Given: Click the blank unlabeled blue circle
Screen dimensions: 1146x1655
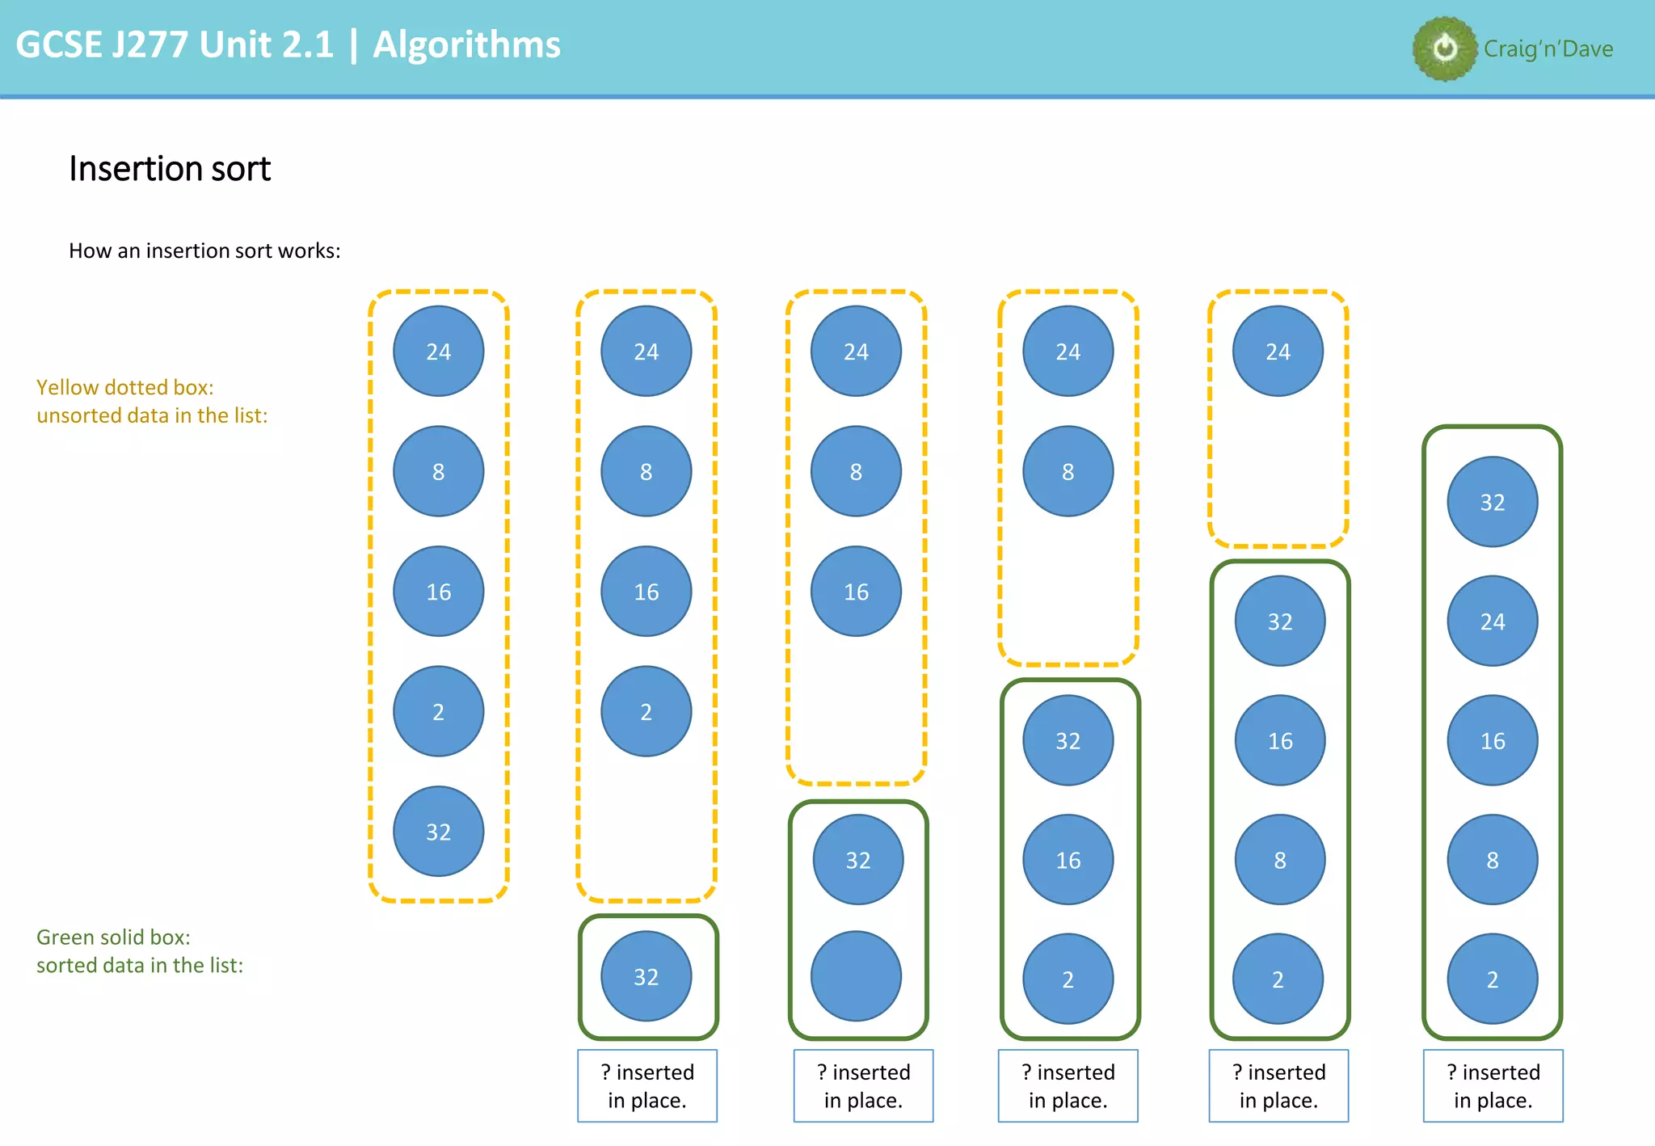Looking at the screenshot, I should point(856,976).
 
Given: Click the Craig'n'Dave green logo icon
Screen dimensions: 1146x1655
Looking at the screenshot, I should point(1445,48).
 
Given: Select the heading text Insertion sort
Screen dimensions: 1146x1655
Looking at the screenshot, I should point(170,169).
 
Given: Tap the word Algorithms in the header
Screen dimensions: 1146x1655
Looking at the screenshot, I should point(466,44).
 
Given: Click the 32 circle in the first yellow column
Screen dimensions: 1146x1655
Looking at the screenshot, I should point(438,832).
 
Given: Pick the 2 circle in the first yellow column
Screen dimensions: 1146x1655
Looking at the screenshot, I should point(438,711).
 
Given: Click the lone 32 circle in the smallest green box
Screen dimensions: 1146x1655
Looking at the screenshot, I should point(646,976).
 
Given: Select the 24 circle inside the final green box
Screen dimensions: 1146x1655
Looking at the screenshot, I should point(1492,621).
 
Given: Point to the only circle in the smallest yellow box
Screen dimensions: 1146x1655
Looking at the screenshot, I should point(1278,351).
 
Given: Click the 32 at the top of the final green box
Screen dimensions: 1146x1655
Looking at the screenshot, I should point(1492,502).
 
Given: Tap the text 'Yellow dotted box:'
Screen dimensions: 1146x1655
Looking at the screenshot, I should point(125,387).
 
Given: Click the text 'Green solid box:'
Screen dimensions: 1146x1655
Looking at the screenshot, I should point(113,937).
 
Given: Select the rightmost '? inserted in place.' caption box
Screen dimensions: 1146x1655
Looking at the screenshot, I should point(1493,1085).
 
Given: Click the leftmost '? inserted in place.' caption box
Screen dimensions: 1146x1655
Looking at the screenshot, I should point(646,1085).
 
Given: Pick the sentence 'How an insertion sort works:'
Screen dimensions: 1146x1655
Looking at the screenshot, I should point(204,251).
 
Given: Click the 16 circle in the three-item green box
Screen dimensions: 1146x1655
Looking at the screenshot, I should point(1068,860).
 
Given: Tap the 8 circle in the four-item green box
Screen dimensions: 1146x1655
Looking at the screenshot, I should point(1279,860).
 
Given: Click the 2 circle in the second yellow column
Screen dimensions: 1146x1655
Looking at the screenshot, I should point(646,711).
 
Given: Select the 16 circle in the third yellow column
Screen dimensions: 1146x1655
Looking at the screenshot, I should point(856,592).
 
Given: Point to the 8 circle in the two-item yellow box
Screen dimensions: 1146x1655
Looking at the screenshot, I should point(1068,471).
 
